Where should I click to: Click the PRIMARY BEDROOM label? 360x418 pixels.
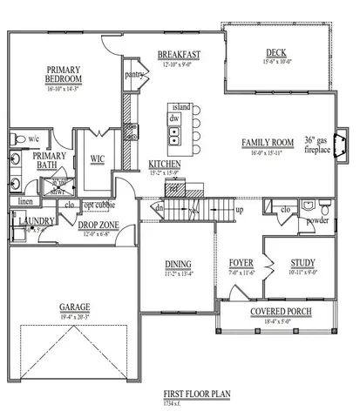[x=65, y=76]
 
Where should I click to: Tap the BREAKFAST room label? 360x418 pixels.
[x=180, y=55]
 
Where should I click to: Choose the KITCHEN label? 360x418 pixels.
[x=165, y=164]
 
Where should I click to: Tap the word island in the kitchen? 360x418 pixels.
[x=181, y=106]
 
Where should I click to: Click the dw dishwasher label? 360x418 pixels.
[x=174, y=118]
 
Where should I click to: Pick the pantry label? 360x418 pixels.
[x=133, y=75]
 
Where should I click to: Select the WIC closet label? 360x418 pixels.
[x=98, y=158]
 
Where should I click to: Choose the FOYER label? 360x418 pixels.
[x=241, y=262]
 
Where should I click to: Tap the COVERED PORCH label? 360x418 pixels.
[x=282, y=312]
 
